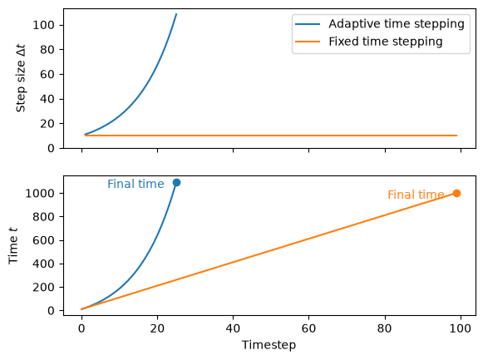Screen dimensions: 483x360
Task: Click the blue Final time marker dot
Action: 176,183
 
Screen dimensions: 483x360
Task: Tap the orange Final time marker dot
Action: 457,194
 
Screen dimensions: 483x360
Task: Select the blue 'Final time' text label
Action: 136,185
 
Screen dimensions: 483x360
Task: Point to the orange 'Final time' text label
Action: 416,195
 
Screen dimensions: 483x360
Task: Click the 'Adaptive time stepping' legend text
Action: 397,24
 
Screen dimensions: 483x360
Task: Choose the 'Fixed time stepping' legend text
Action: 386,42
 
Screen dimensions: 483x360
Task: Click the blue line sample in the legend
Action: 308,24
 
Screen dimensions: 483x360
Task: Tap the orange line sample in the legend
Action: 308,42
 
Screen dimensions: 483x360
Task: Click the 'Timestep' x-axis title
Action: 269,345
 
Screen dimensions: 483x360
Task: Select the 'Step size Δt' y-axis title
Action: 21,78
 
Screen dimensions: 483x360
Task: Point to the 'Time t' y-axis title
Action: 13,246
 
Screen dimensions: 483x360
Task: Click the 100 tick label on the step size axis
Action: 44,25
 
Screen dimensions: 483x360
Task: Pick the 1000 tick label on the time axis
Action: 40,194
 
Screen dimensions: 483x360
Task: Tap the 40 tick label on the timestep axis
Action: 233,328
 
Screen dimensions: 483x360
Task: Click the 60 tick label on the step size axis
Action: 47,75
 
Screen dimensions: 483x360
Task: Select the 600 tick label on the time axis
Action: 44,240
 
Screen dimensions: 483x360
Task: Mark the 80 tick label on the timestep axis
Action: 385,328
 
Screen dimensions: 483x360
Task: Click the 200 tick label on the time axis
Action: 44,288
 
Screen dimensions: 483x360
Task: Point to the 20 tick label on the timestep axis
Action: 157,328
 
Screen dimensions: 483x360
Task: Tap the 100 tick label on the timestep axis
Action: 461,328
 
